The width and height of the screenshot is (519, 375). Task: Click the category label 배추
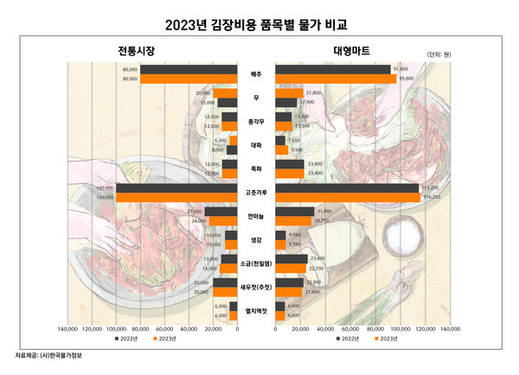coord(256,74)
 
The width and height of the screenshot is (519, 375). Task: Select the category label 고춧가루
coord(256,193)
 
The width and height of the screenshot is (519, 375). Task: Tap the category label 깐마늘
coord(256,216)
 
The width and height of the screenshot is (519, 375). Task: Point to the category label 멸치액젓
coord(256,310)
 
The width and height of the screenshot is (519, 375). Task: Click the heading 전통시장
coord(137,52)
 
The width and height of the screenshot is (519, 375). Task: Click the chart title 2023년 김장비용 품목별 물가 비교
coord(259,23)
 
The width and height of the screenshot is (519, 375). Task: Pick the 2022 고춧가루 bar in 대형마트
coord(347,187)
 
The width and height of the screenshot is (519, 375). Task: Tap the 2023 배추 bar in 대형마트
coord(335,79)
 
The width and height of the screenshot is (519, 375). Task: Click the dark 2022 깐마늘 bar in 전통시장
coord(221,211)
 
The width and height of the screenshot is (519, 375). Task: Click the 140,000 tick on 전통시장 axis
coord(67,329)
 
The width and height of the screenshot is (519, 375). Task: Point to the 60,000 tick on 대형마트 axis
coord(350,329)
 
